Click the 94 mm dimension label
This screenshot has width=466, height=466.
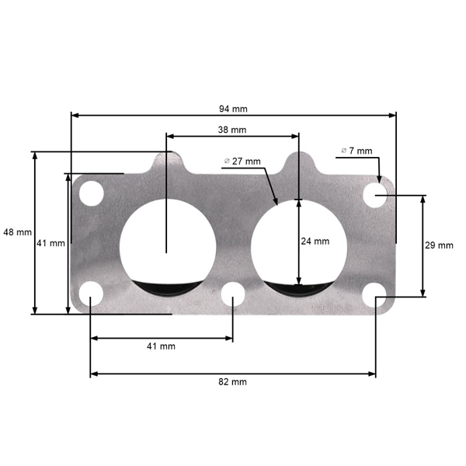coord(233,108)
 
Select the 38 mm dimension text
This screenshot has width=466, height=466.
coord(232,130)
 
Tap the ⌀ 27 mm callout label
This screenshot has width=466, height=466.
coord(243,162)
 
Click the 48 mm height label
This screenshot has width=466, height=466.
coord(17,232)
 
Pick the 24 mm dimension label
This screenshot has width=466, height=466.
coord(315,242)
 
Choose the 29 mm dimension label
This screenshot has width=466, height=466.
coord(439,245)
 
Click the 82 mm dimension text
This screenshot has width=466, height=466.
coord(233,382)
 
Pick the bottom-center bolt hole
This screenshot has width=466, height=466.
coord(232,295)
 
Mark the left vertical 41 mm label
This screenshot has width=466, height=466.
coord(50,243)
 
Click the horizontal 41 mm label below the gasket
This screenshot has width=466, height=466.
coord(161,346)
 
